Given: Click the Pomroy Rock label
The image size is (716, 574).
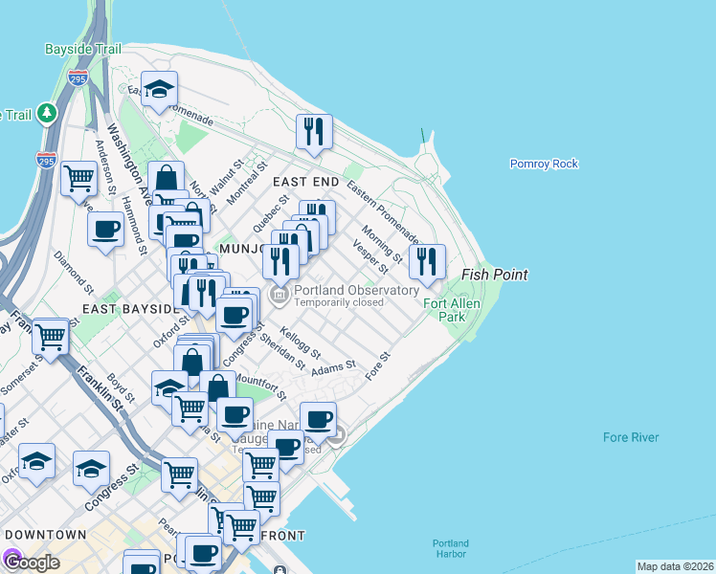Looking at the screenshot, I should click(x=544, y=164).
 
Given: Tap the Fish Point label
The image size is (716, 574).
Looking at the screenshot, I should click(x=495, y=275).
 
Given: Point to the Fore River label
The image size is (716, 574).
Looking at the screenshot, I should click(x=631, y=437).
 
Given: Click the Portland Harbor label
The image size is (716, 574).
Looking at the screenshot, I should click(x=450, y=548).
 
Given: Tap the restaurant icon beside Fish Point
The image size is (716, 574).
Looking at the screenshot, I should click(x=427, y=261).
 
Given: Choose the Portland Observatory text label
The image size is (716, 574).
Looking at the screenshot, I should click(x=356, y=290).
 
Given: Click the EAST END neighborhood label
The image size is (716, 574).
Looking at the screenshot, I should click(x=305, y=181).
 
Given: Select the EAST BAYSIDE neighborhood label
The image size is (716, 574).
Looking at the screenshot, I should click(x=131, y=309).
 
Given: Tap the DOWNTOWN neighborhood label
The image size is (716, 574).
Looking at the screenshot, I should click(x=44, y=534).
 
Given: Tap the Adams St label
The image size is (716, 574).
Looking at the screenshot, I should click(x=333, y=365).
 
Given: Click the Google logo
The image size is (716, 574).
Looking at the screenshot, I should click(x=31, y=562).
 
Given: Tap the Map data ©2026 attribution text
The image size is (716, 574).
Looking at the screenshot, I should click(x=675, y=566).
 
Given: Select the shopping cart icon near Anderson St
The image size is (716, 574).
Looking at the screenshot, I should click(x=78, y=177).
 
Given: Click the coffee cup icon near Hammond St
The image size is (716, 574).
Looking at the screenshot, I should click(x=105, y=230).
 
